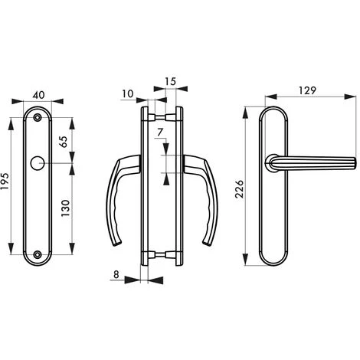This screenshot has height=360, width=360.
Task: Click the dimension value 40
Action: (39, 95)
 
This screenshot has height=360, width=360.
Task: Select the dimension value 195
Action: (5, 182)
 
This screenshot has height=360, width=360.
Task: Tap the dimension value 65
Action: (64, 142)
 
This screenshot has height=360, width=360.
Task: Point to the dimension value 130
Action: (65, 208)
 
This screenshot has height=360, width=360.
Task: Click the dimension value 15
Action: (170, 81)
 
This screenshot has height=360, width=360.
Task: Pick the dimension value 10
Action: (128, 93)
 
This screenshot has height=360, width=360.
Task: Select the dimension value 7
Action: (160, 133)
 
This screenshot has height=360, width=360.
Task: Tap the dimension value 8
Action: (116, 274)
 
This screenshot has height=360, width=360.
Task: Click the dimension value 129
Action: (307, 90)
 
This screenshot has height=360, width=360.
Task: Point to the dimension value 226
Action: (240, 189)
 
